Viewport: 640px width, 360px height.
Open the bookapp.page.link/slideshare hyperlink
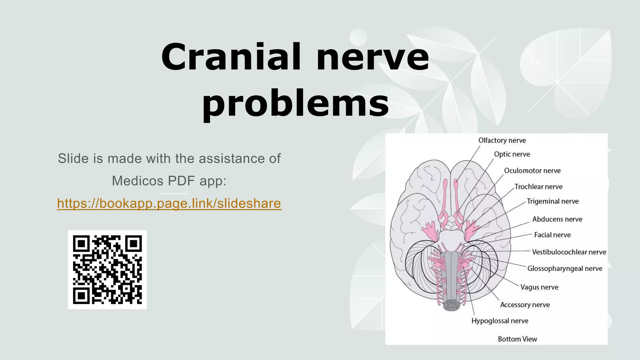pos(169,203)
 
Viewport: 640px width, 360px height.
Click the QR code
pos(107,270)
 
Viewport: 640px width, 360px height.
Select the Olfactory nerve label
pos(502,140)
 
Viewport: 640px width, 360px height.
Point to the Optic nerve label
pos(512,154)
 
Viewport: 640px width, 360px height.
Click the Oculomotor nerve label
pos(532,171)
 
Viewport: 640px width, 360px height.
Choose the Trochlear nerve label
pos(538,187)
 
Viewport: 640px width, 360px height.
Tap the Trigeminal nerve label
pos(552,201)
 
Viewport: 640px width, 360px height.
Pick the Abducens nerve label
pos(557,219)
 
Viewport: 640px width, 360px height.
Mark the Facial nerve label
pos(552,235)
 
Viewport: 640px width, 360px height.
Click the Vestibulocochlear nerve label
pos(569,252)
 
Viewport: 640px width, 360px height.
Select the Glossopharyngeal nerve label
pos(564,268)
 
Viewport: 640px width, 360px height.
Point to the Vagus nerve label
pos(539,287)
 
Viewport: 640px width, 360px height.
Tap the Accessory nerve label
pos(525,305)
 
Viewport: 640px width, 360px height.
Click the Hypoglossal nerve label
pos(500,321)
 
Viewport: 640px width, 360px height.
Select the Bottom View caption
pos(517,339)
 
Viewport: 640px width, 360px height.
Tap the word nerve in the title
pos(372,57)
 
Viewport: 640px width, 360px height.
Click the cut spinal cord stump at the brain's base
pos(452,305)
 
